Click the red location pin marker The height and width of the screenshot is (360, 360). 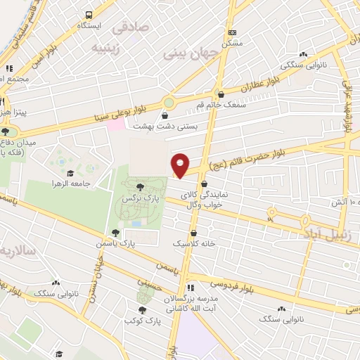coord(181,165)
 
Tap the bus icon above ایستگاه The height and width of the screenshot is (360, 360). coord(89,15)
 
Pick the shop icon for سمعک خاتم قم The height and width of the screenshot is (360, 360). coord(221,93)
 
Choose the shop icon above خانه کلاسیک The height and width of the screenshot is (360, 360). coord(193,233)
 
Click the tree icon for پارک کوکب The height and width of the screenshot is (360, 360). coord(143,309)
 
